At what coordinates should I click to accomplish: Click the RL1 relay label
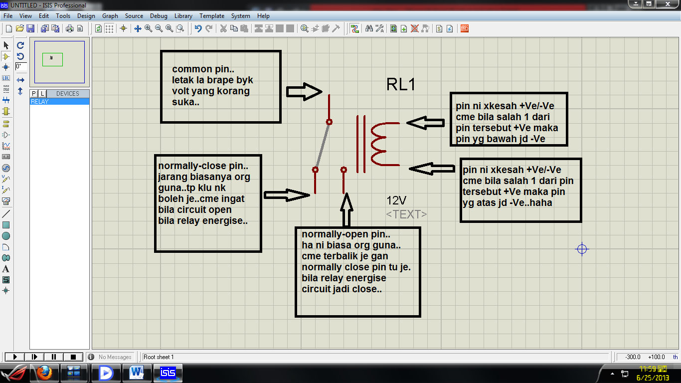(401, 84)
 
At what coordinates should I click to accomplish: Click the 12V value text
(396, 200)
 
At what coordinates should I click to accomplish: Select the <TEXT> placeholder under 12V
(406, 214)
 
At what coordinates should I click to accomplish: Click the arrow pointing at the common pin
(305, 92)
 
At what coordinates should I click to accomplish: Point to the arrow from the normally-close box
(287, 195)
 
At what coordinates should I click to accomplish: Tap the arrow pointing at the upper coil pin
(425, 123)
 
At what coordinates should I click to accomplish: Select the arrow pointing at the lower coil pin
(432, 170)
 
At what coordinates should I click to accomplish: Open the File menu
(8, 16)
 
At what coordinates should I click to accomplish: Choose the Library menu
(183, 16)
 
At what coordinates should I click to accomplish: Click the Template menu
(212, 16)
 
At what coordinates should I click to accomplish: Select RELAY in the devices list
(40, 102)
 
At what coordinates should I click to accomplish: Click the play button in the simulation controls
(14, 357)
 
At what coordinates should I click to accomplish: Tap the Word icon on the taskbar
(137, 373)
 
